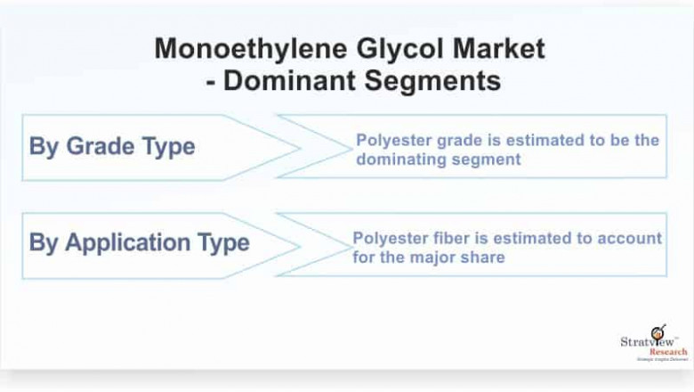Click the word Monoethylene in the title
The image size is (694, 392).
pos(251,49)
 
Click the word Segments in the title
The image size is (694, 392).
pos(433,81)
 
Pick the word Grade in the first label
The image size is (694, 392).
pos(100,146)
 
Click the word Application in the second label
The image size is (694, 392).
pos(127,243)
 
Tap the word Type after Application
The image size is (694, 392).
pos(223,243)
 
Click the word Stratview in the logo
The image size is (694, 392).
pos(647,341)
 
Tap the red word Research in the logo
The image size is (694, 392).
pos(668,352)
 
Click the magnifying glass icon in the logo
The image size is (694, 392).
pos(658,331)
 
